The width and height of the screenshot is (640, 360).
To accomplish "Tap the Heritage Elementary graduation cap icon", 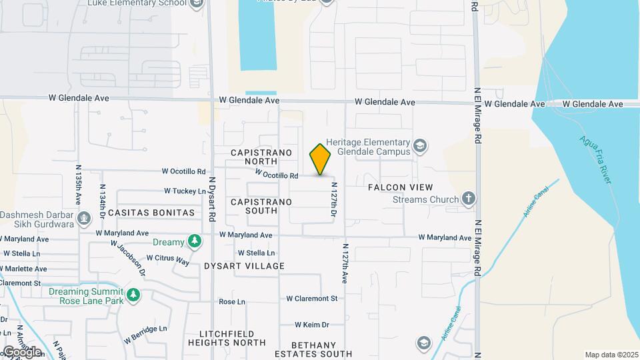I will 420,145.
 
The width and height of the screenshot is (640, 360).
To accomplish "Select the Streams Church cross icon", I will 469,199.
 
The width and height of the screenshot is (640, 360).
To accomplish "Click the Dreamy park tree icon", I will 194,241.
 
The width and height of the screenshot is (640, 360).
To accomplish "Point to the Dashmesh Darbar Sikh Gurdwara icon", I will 84,218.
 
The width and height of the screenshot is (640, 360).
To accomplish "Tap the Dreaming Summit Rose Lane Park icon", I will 133,294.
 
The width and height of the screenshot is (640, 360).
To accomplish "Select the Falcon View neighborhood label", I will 401,188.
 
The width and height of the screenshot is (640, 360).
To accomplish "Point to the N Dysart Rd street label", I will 213,198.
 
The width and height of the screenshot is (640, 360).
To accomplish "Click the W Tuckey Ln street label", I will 185,191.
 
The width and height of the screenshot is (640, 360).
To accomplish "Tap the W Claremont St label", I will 312,299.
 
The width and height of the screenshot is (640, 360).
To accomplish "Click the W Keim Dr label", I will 312,325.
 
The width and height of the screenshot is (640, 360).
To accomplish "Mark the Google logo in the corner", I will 23,351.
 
